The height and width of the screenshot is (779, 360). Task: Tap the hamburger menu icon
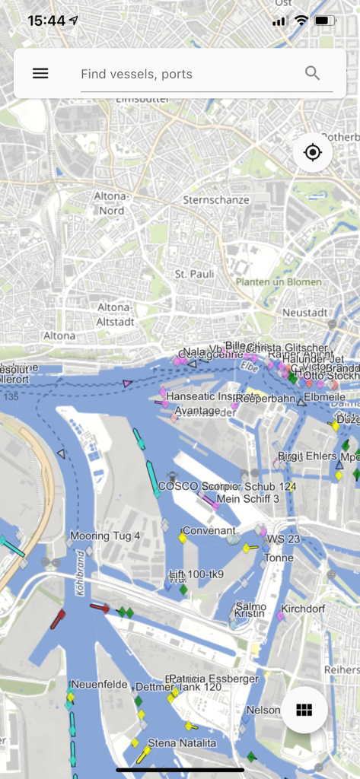coord(40,73)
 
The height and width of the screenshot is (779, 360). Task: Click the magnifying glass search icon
coord(312,73)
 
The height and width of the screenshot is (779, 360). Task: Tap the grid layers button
coord(304,710)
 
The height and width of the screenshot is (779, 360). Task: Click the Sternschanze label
coord(216,200)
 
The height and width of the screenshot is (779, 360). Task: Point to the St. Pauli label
coord(192,273)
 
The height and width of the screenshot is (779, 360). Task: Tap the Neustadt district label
coord(304,313)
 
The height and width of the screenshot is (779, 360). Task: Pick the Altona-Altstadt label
coord(116,314)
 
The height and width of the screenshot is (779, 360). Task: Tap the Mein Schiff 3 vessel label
coord(248,499)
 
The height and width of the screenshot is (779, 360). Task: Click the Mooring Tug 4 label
coord(105,536)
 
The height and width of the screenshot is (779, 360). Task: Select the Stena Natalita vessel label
coord(182,742)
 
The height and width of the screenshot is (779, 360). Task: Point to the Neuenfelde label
coord(99,684)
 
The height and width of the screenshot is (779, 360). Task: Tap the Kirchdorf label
coord(303,609)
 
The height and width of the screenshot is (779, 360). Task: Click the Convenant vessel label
coord(209,530)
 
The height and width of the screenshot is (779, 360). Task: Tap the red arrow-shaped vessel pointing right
coord(100,607)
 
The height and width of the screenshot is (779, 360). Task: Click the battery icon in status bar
coord(325,21)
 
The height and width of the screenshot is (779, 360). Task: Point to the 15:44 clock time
coord(46,21)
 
